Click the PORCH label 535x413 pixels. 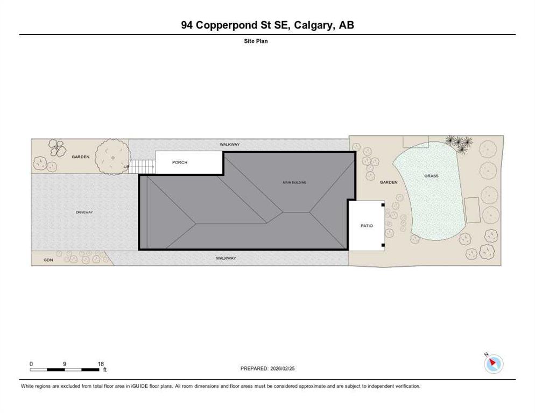click(179, 162)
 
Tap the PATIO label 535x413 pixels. click(367, 226)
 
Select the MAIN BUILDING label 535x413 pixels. click(294, 182)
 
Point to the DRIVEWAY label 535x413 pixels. click(85, 212)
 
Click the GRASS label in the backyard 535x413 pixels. click(431, 176)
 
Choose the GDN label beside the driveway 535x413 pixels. click(48, 260)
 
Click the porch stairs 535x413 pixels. click(142, 167)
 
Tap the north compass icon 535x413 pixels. click(494, 364)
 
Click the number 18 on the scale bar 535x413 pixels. click(100, 364)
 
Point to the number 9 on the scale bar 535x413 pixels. click(65, 364)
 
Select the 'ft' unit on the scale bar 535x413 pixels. click(105, 369)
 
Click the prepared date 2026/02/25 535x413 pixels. click(283, 368)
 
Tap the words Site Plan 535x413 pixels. click(256, 41)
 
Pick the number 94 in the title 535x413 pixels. click(187, 25)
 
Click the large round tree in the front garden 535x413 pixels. click(112, 156)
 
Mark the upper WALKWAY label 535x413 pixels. click(229, 145)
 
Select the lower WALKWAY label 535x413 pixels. click(226, 258)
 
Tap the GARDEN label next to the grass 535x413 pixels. click(389, 182)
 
